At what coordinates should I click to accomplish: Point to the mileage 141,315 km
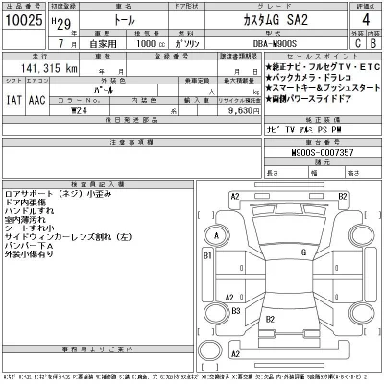[x=46, y=70]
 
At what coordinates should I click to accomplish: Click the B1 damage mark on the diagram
[x=206, y=257]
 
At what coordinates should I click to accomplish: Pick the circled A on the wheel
[x=217, y=234]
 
